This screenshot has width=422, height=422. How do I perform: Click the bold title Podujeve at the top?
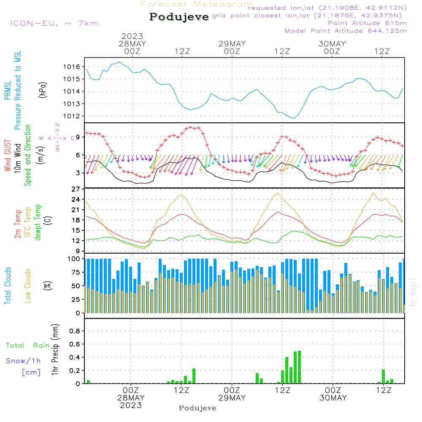tap(179, 17)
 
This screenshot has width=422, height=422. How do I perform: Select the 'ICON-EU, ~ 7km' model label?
tap(54, 23)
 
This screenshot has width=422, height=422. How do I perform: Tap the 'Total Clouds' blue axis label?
tap(8, 286)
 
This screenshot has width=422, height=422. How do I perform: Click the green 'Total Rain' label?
tap(27, 346)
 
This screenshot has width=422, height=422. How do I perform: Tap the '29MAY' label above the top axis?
tap(232, 44)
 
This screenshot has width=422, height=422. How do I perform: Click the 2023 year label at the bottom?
tap(131, 406)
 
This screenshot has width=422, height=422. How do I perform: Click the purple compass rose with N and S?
tap(57, 138)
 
